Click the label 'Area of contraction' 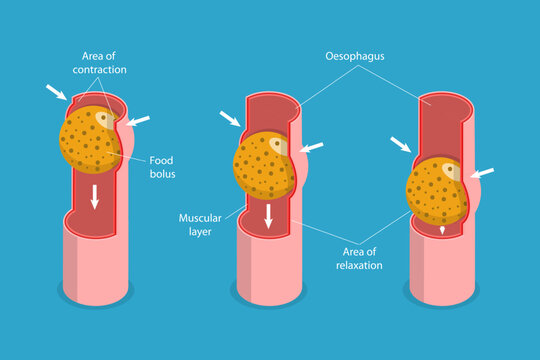[100, 62]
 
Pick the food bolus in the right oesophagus [438, 190]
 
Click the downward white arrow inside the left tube [95, 197]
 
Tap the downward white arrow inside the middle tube [269, 215]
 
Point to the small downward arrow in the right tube [442, 229]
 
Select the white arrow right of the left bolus [138, 121]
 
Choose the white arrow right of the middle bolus [312, 148]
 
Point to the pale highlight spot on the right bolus [451, 171]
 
